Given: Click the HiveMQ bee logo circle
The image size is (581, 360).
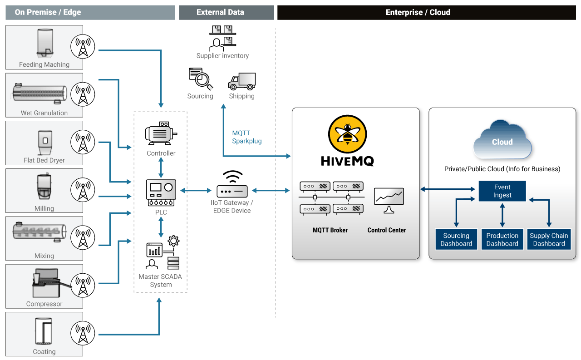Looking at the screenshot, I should [x=347, y=133].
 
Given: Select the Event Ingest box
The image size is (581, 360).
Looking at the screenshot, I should [x=502, y=191].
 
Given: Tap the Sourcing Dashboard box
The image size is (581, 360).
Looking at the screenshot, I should [x=456, y=240].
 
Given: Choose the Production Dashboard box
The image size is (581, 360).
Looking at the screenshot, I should [x=502, y=240].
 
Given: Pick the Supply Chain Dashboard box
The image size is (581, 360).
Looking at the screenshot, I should [x=549, y=240].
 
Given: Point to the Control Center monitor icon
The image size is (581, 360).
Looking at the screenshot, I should [x=389, y=200].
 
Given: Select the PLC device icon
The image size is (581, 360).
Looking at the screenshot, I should [x=161, y=193].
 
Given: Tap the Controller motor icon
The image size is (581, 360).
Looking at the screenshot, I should [x=161, y=133].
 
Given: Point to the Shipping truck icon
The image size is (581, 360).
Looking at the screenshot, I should [x=242, y=82].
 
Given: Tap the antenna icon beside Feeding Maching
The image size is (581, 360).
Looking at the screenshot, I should [x=83, y=47].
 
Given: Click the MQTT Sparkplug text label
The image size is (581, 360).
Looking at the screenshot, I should [x=247, y=137].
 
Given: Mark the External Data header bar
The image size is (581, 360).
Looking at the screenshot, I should [x=226, y=12].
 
